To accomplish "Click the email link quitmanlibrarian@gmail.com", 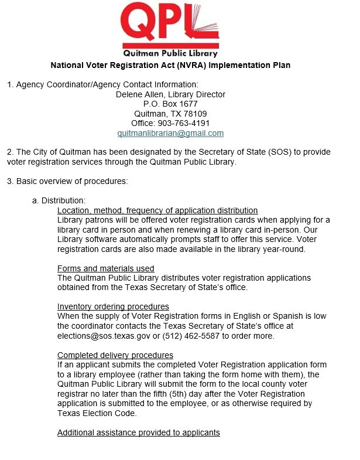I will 170,134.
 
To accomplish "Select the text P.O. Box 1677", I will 170,104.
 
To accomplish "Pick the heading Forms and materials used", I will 106,268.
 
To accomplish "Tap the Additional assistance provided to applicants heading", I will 139,432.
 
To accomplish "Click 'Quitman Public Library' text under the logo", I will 170,54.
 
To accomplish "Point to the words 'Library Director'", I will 196,94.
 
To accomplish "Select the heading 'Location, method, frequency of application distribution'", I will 157,210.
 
